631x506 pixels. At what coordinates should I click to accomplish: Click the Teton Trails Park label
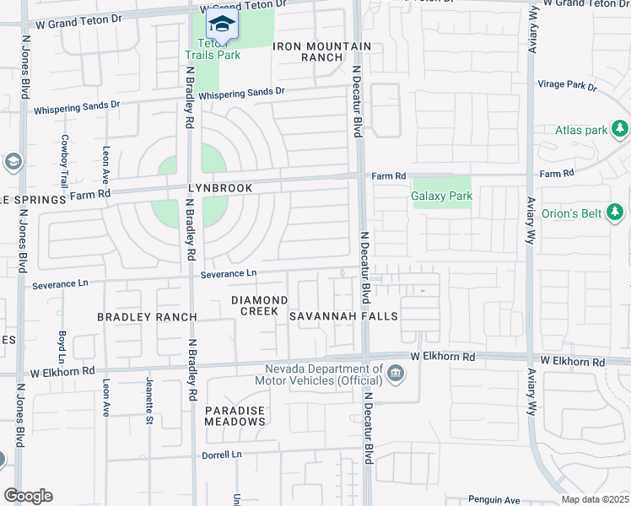click(x=213, y=49)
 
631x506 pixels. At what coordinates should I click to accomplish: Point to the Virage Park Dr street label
click(x=568, y=87)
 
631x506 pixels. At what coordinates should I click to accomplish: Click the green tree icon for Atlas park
click(x=620, y=129)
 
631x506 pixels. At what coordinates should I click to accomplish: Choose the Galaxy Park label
click(x=441, y=196)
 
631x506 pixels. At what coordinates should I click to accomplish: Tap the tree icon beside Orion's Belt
click(x=615, y=213)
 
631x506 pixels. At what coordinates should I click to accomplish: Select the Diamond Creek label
click(x=260, y=305)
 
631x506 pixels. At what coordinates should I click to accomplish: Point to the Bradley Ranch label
click(x=147, y=317)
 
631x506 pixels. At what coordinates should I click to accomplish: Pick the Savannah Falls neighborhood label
click(x=343, y=316)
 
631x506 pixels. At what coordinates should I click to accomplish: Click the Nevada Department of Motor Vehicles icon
click(x=395, y=373)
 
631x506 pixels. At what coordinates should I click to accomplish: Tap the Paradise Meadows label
click(x=235, y=415)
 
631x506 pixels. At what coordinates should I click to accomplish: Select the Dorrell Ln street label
click(x=221, y=455)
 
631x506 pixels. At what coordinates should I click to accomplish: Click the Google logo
click(x=28, y=496)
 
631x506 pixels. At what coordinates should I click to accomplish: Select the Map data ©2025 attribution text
click(x=594, y=499)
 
